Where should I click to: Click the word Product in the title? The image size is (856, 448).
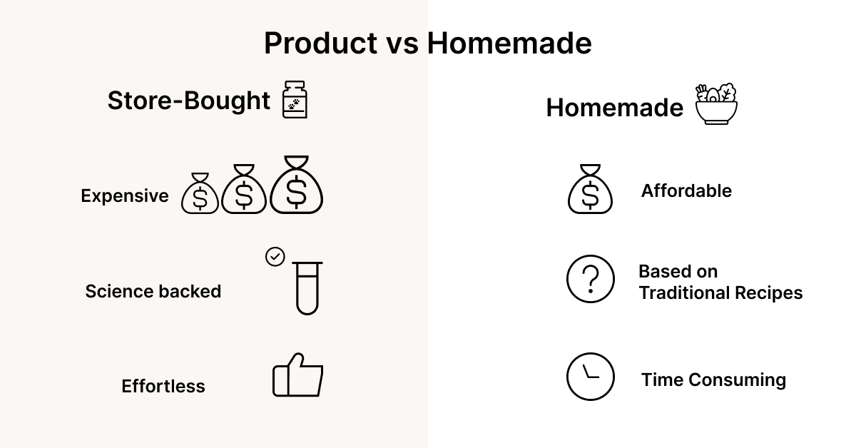[320, 43]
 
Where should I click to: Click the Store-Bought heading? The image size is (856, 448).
[189, 101]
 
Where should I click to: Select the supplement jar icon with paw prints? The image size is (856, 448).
[295, 99]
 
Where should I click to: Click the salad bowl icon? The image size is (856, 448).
[716, 104]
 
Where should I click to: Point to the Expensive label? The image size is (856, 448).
[125, 195]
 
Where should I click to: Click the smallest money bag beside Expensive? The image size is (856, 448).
[200, 193]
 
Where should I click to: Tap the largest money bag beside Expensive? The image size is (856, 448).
[297, 185]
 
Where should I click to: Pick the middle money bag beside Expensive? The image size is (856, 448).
[244, 189]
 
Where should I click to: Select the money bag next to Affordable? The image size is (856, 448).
[590, 189]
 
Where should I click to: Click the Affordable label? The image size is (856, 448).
[686, 190]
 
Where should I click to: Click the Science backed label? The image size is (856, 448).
[153, 291]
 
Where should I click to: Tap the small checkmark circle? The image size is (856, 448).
[275, 257]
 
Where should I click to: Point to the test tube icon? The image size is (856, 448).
[307, 287]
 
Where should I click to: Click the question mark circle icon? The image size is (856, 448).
[591, 279]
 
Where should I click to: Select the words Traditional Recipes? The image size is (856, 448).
[720, 292]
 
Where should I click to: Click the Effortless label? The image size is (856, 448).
[163, 386]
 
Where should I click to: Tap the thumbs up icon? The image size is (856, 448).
[297, 375]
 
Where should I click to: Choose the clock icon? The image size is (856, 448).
[591, 377]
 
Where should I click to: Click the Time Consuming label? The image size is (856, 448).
[713, 380]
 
